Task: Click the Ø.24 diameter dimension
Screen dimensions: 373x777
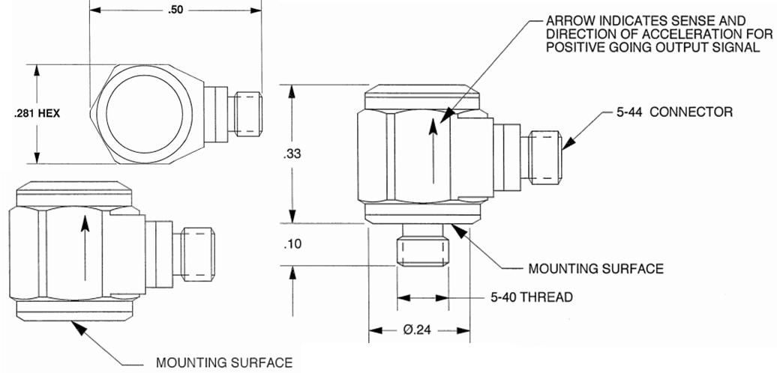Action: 421,329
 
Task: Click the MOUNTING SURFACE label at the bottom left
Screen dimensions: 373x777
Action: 224,363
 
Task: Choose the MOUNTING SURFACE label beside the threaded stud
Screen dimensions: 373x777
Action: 597,267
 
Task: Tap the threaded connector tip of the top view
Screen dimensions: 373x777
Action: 248,113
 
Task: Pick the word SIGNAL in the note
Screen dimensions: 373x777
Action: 736,47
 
